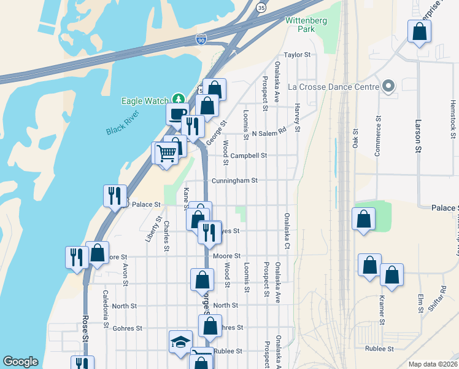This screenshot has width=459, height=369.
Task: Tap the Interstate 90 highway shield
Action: (x=201, y=39)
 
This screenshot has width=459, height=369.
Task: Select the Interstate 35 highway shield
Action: (x=261, y=7)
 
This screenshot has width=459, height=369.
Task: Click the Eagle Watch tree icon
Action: (x=178, y=98)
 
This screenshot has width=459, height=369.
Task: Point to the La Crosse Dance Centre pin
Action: (x=388, y=87)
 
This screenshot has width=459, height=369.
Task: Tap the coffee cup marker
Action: (x=177, y=113)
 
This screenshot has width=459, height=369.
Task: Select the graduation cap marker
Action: (x=181, y=341)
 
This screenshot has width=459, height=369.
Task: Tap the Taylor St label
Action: (x=298, y=55)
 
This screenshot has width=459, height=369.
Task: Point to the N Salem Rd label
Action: (x=269, y=132)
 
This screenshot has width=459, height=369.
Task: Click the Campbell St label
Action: (x=248, y=156)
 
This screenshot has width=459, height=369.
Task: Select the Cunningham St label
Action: (x=234, y=181)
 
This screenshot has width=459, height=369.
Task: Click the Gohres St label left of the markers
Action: (x=128, y=328)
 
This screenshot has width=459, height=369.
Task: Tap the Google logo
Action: (x=20, y=362)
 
